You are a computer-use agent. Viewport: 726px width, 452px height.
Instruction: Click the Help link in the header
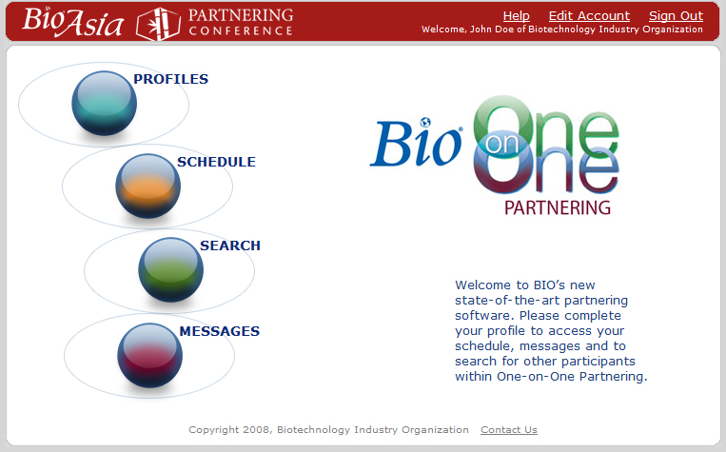pyautogui.click(x=517, y=16)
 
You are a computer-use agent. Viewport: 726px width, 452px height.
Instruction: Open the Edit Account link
pyautogui.click(x=589, y=16)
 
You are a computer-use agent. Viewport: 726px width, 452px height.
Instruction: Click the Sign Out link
pyautogui.click(x=676, y=16)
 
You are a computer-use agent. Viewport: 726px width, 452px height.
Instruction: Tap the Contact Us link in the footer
pyautogui.click(x=509, y=430)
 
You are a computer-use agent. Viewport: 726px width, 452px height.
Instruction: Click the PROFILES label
pyautogui.click(x=171, y=79)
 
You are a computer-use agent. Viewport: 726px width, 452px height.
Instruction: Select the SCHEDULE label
pyautogui.click(x=216, y=162)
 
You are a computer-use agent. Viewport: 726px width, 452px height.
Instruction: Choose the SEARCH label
pyautogui.click(x=230, y=246)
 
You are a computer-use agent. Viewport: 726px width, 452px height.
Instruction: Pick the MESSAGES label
pyautogui.click(x=220, y=331)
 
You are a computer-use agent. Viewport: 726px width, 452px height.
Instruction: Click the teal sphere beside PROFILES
pyautogui.click(x=104, y=104)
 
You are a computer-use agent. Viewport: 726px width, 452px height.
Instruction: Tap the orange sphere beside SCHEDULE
pyautogui.click(x=148, y=187)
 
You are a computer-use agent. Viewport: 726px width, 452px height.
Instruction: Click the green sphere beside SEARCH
pyautogui.click(x=171, y=270)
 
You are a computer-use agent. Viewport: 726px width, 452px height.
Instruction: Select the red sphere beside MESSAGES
pyautogui.click(x=149, y=356)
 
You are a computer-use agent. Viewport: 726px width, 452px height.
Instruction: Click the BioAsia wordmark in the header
pyautogui.click(x=72, y=22)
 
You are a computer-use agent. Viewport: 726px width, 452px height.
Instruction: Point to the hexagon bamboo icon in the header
pyautogui.click(x=158, y=24)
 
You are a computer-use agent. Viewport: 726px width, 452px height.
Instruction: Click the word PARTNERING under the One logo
pyautogui.click(x=558, y=208)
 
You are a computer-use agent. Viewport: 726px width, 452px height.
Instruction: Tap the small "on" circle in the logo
pyautogui.click(x=502, y=144)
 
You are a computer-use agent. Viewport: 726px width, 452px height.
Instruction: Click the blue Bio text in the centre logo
pyautogui.click(x=416, y=142)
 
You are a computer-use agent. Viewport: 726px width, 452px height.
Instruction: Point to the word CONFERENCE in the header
pyautogui.click(x=241, y=31)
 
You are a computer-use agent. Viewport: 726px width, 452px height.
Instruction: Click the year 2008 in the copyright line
pyautogui.click(x=256, y=430)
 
